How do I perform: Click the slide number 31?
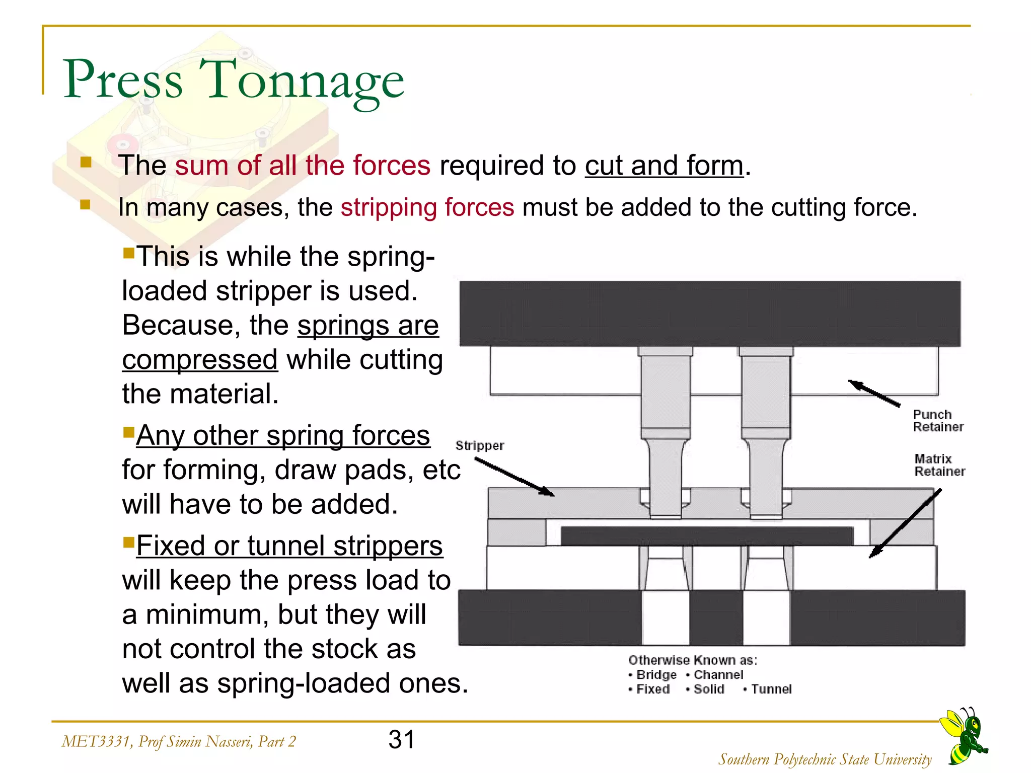pos(401,740)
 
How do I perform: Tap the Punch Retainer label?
pos(937,421)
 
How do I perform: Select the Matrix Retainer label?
pos(939,465)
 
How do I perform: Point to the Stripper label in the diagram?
pos(479,445)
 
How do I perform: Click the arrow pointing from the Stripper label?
pos(514,478)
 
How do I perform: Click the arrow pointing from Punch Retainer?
pos(874,394)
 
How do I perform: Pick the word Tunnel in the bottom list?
pos(771,689)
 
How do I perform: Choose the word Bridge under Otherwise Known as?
pos(656,674)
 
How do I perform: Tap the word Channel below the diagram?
pos(718,674)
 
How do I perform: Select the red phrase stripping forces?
pos(427,207)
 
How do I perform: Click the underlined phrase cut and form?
pos(664,166)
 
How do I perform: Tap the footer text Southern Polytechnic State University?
pos(825,759)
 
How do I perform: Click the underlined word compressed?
pos(200,360)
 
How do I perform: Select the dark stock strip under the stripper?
pos(707,536)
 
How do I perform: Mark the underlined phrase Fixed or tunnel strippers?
pos(289,546)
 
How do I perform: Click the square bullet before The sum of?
pos(86,162)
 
